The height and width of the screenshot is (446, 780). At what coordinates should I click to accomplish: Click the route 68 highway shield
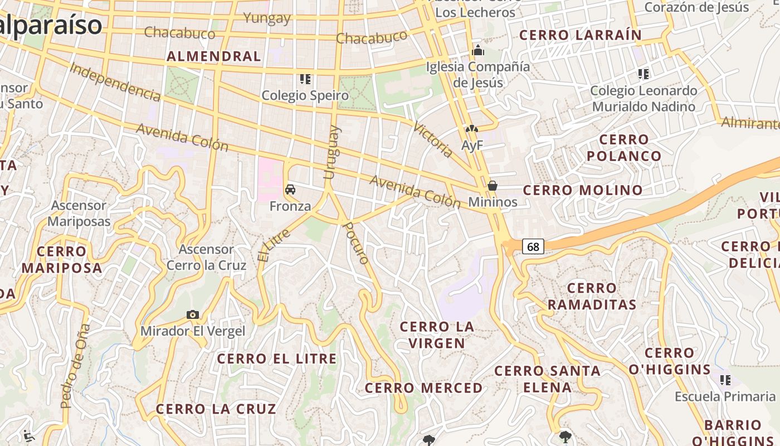pos(533,246)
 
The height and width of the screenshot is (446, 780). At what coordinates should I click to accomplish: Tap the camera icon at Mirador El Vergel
pos(193,315)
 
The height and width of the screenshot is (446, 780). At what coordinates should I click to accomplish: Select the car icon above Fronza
pos(290,190)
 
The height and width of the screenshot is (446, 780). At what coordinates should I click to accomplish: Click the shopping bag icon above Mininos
pos(493,186)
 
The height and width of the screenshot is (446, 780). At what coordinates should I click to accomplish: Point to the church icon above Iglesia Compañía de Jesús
pos(477,51)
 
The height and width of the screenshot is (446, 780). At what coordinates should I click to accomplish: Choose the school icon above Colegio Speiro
pos(305,79)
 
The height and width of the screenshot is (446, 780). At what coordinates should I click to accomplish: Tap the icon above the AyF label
pos(472,129)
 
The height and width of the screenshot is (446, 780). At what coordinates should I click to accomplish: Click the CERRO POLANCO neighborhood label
pos(624,148)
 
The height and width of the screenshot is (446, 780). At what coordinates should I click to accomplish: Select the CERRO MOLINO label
pos(583,190)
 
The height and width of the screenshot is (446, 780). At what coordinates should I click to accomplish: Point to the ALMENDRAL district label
pos(214,56)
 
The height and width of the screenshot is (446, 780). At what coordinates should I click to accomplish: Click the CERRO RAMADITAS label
pos(592,297)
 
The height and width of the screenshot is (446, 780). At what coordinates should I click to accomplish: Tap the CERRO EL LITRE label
pos(277,358)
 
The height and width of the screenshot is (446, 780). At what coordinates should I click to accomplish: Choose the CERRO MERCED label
pos(424,388)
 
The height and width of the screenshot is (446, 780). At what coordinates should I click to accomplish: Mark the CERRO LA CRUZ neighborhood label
pos(216,409)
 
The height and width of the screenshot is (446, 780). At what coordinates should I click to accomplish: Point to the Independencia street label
pos(115,83)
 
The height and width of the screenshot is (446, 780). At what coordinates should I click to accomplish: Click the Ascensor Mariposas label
pos(79,214)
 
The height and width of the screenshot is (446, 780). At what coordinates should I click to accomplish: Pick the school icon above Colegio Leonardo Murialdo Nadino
pos(643,74)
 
